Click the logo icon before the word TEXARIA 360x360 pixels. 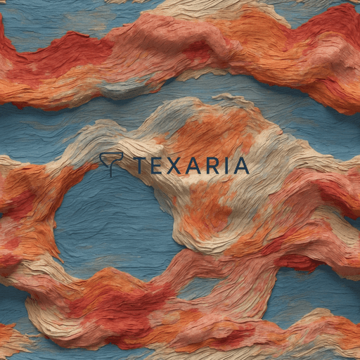pos(111,164)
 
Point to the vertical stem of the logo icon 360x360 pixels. pos(111,170)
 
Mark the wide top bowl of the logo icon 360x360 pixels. pos(111,158)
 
